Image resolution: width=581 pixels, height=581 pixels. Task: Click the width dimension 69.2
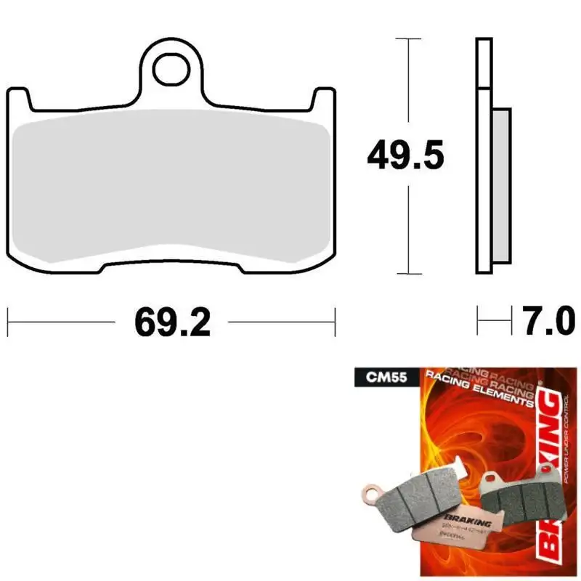pos(171,321)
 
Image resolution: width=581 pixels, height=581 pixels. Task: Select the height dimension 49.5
pos(405,156)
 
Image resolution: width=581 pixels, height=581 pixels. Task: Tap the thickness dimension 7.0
pos(548,321)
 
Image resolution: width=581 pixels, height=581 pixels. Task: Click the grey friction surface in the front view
pos(171,189)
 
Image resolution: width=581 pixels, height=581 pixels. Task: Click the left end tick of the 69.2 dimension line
pos(8,321)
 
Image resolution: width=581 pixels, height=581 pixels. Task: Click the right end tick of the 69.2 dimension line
pos(335,321)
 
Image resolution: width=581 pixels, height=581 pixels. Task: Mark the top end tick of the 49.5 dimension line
pos(410,38)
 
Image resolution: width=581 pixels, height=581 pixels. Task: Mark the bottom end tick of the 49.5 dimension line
pos(410,274)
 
